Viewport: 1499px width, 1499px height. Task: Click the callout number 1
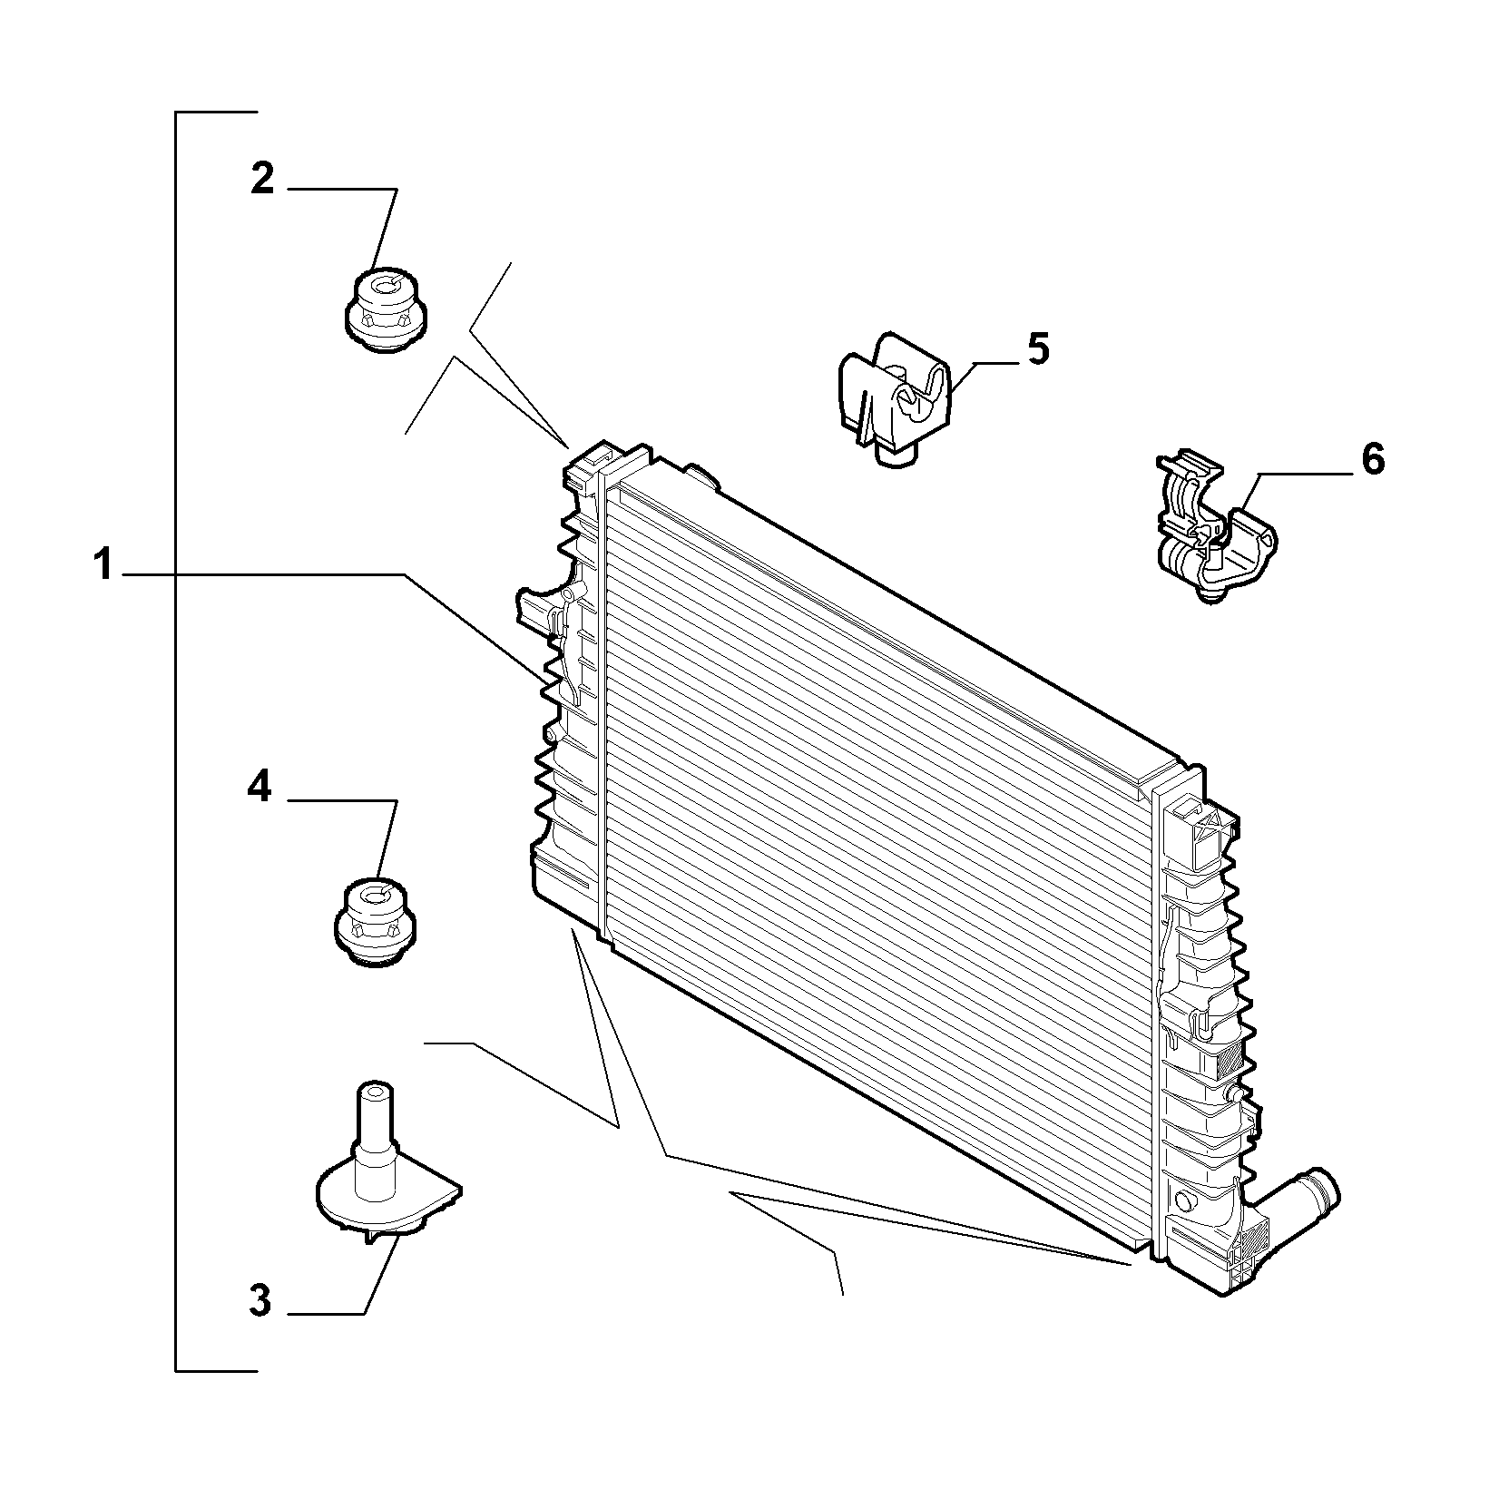[x=104, y=564]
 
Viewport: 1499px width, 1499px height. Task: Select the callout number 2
[x=261, y=179]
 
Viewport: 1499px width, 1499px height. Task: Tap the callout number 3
[x=260, y=1301]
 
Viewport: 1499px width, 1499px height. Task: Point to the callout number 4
[x=260, y=787]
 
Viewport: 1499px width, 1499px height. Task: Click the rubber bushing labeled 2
[x=386, y=311]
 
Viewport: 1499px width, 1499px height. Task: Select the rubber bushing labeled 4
[x=374, y=923]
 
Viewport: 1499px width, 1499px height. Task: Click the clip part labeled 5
[x=893, y=400]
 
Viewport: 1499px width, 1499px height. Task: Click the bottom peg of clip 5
[x=896, y=456]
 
